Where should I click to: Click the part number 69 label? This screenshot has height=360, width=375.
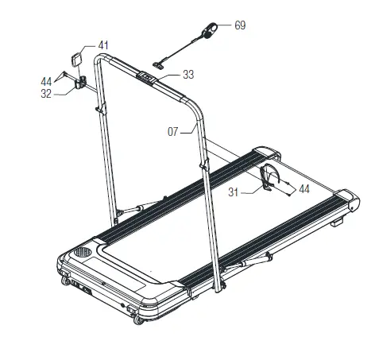(239, 26)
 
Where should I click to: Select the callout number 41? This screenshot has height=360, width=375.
(104, 45)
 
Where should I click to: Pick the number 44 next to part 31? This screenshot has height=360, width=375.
(303, 190)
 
